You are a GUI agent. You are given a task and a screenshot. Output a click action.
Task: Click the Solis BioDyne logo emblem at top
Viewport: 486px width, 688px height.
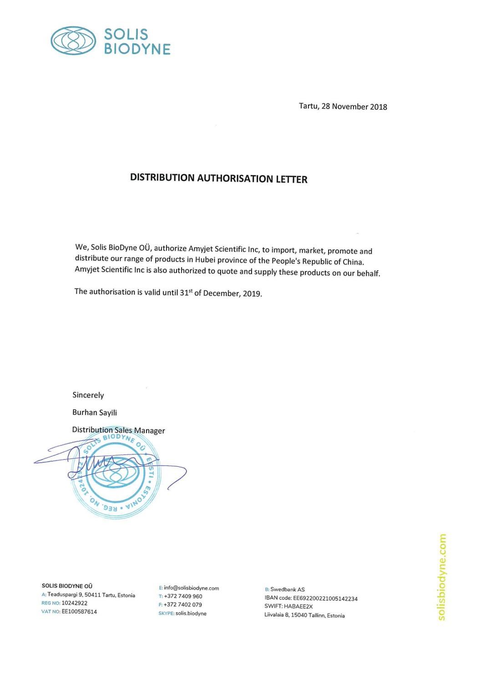(x=73, y=41)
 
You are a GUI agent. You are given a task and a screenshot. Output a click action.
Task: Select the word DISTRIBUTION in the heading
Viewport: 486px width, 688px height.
(x=162, y=178)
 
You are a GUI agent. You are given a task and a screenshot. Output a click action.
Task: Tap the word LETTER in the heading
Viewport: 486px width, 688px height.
(x=291, y=179)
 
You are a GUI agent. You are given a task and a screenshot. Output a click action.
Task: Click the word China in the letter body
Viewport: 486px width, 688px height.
(x=353, y=262)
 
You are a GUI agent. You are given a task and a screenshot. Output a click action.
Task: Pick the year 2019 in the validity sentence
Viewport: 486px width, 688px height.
(x=252, y=294)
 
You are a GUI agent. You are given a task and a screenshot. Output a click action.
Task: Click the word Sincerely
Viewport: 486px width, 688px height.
(x=88, y=395)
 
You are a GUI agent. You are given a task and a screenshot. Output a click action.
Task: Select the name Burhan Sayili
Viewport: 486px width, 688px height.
(x=95, y=413)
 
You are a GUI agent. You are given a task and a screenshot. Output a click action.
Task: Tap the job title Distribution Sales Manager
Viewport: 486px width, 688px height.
(x=118, y=430)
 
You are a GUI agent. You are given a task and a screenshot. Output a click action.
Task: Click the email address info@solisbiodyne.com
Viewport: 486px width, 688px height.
(x=191, y=588)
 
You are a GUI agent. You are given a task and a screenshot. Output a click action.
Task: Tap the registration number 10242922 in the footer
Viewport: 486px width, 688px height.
(x=74, y=603)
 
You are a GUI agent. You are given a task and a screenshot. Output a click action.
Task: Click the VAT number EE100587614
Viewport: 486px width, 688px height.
(x=79, y=612)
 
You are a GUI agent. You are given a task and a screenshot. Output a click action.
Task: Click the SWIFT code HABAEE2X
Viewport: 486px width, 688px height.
(x=298, y=606)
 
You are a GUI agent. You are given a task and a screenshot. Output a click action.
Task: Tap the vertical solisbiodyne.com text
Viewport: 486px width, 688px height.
(x=441, y=577)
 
